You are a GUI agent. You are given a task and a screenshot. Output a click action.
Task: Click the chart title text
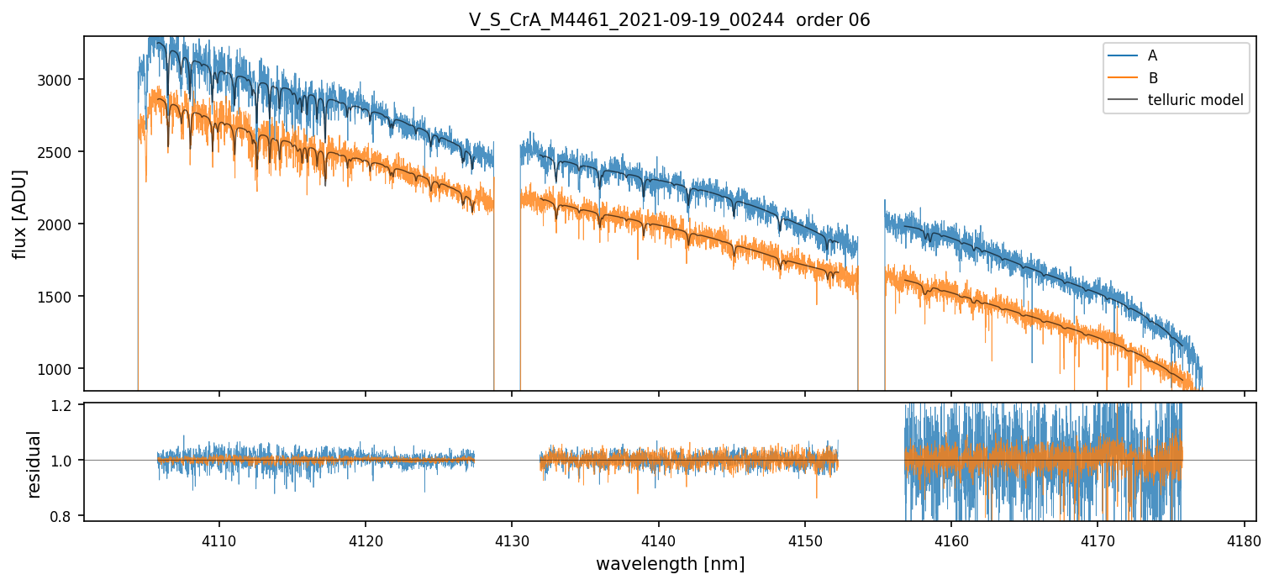coord(669,20)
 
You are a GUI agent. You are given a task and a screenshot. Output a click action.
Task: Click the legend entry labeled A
coord(1152,55)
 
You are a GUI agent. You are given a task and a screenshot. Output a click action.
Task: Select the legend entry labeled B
coord(1152,78)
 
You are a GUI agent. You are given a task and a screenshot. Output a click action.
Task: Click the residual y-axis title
coord(34,463)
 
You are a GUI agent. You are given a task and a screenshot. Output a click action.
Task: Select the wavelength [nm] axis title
coord(670,564)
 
